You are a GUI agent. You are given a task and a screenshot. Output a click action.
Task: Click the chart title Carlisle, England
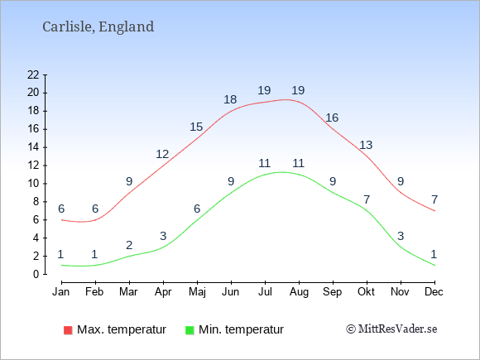pyautogui.click(x=98, y=27)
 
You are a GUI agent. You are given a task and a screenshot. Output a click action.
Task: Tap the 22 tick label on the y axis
pyautogui.click(x=33, y=74)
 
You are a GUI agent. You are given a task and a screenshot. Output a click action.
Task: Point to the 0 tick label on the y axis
pyautogui.click(x=36, y=274)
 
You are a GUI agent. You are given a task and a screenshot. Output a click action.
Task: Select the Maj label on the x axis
pyautogui.click(x=197, y=292)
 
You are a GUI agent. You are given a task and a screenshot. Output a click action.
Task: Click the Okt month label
pyautogui.click(x=366, y=292)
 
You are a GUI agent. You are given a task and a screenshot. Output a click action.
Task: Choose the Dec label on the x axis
pyautogui.click(x=434, y=292)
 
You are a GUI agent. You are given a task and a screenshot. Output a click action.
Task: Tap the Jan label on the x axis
pyautogui.click(x=61, y=292)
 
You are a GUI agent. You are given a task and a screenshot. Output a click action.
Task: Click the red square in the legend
pyautogui.click(x=68, y=330)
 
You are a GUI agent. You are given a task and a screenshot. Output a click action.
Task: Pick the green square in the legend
pyautogui.click(x=190, y=330)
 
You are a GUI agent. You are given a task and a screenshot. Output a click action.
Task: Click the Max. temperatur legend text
pyautogui.click(x=122, y=329)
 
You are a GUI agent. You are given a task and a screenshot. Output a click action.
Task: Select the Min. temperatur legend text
pyautogui.click(x=241, y=329)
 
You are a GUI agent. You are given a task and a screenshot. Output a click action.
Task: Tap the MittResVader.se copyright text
pyautogui.click(x=391, y=329)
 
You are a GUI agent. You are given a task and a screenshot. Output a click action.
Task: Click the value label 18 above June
pyautogui.click(x=230, y=99)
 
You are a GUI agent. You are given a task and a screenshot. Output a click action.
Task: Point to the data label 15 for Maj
pyautogui.click(x=196, y=127)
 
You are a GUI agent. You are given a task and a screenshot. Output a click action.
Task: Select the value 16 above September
pyautogui.click(x=332, y=118)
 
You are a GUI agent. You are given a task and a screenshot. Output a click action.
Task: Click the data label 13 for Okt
pyautogui.click(x=366, y=145)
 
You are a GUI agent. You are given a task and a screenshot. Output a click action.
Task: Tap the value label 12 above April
pyautogui.click(x=162, y=154)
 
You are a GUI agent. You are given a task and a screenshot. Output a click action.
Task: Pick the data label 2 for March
pyautogui.click(x=129, y=245)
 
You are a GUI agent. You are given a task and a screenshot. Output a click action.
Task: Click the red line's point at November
pyautogui.click(x=401, y=193)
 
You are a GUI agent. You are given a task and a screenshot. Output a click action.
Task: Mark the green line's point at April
pyautogui.click(x=163, y=247)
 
